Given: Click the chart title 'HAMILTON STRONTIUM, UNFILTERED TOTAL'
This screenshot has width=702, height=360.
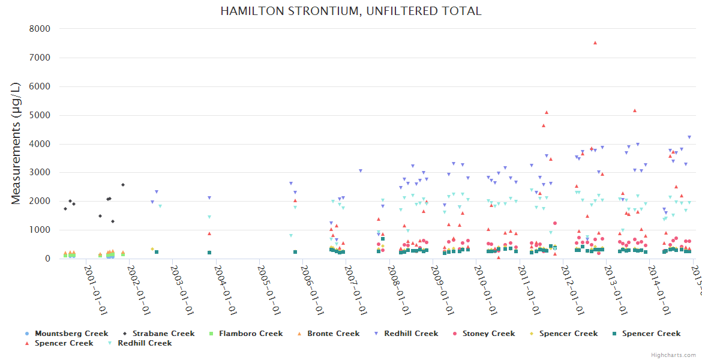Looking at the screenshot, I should pos(351,11).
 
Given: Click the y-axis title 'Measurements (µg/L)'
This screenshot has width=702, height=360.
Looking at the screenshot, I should pos(16,144).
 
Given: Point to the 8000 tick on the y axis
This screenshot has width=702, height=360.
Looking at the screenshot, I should pos(41,29).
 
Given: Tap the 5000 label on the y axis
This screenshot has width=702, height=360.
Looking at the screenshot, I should pos(41,115).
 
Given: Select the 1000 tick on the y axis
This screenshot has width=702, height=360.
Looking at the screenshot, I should pos(41,230).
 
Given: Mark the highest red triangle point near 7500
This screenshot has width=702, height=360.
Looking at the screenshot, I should pos(595,43).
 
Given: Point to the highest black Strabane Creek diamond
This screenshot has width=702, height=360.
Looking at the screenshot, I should pos(123,185).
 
